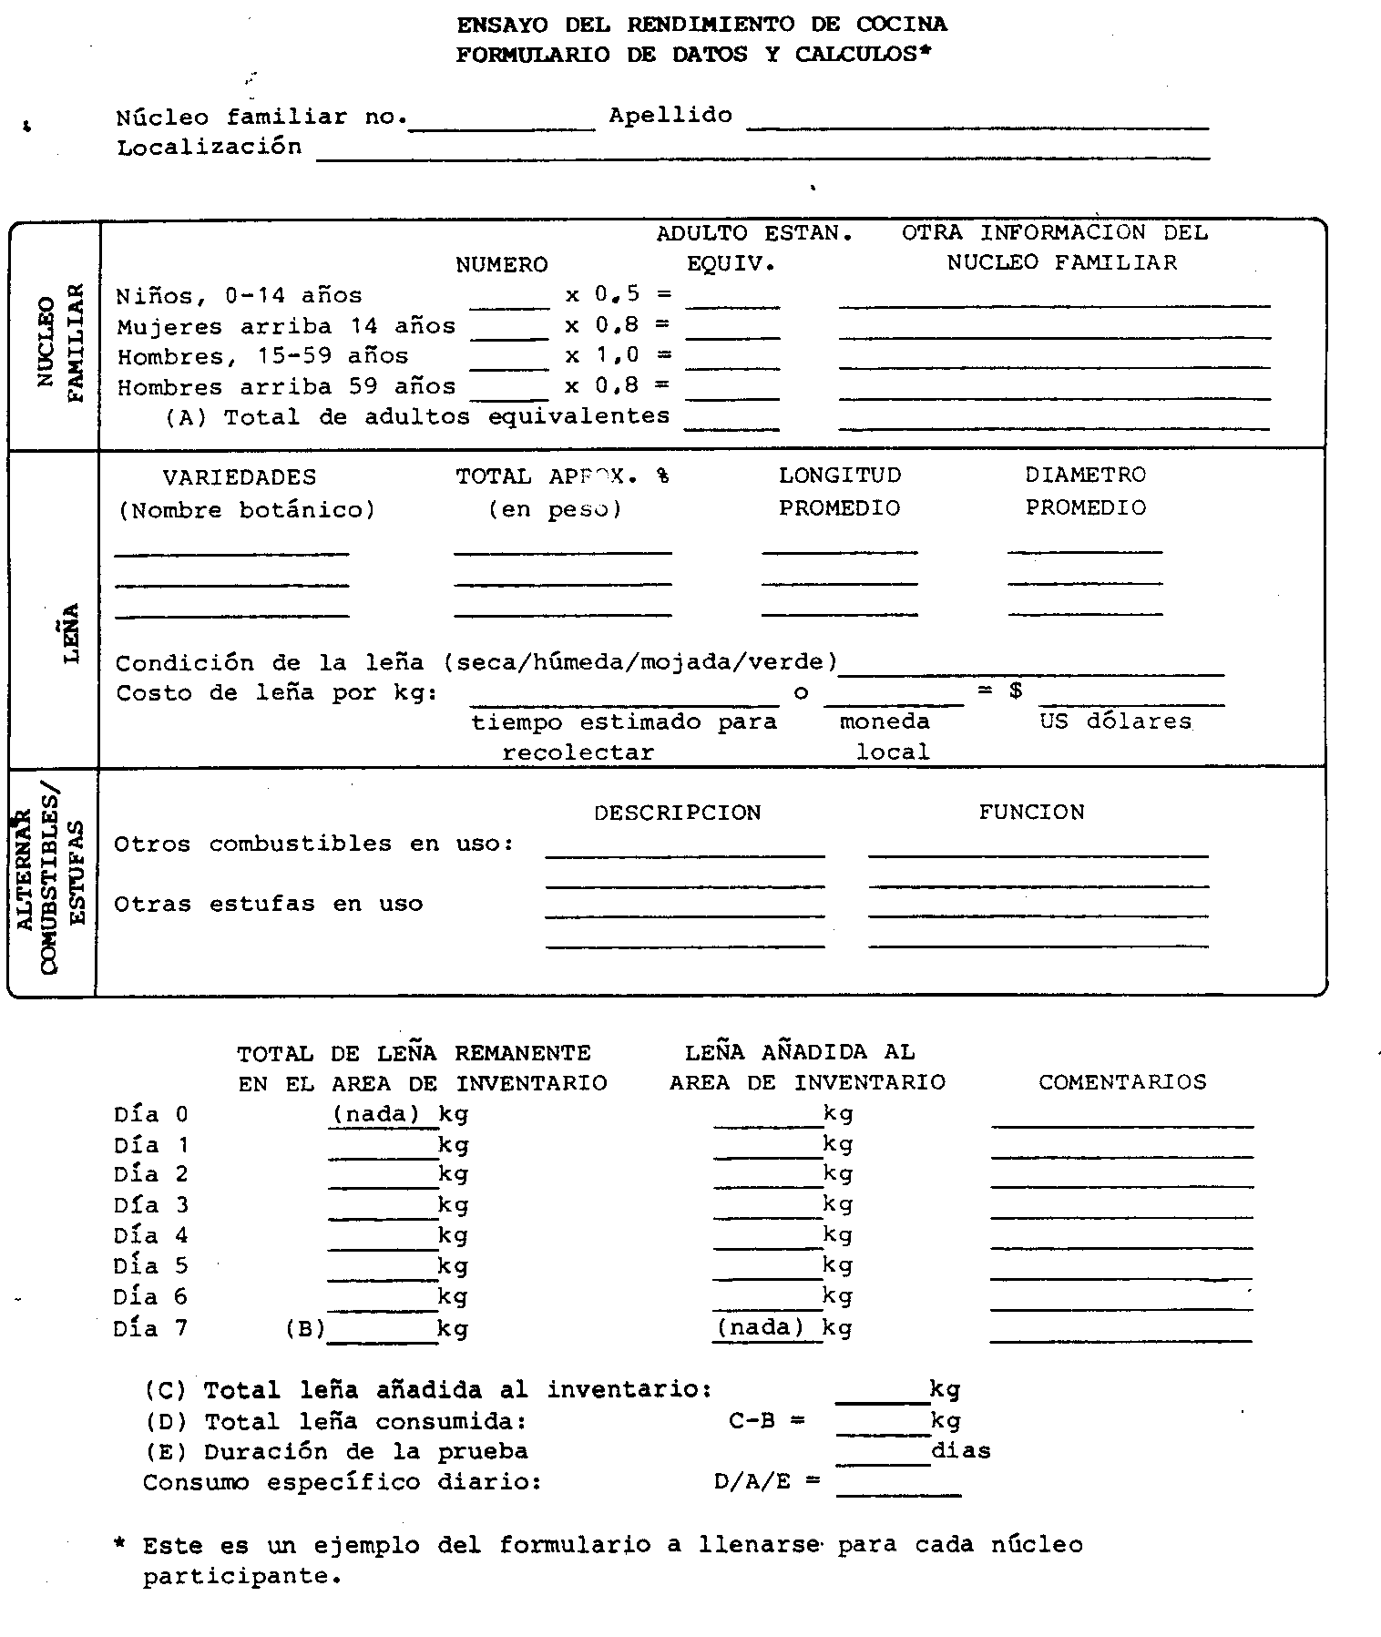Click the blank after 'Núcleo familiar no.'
point(502,124)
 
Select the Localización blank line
point(762,153)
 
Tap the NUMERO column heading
point(502,264)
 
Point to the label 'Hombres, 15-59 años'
point(262,356)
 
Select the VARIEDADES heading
point(240,477)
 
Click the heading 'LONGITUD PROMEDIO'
point(839,491)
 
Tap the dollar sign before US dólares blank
point(1016,691)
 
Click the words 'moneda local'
point(885,736)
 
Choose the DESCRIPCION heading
point(677,813)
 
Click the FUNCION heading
point(1031,812)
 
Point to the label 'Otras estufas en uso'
point(268,904)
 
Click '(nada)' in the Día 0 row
point(376,1114)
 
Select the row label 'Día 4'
point(150,1235)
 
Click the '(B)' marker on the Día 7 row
point(305,1328)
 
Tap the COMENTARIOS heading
point(1121,1082)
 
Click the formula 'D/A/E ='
point(766,1482)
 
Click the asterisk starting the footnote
point(118,1545)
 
